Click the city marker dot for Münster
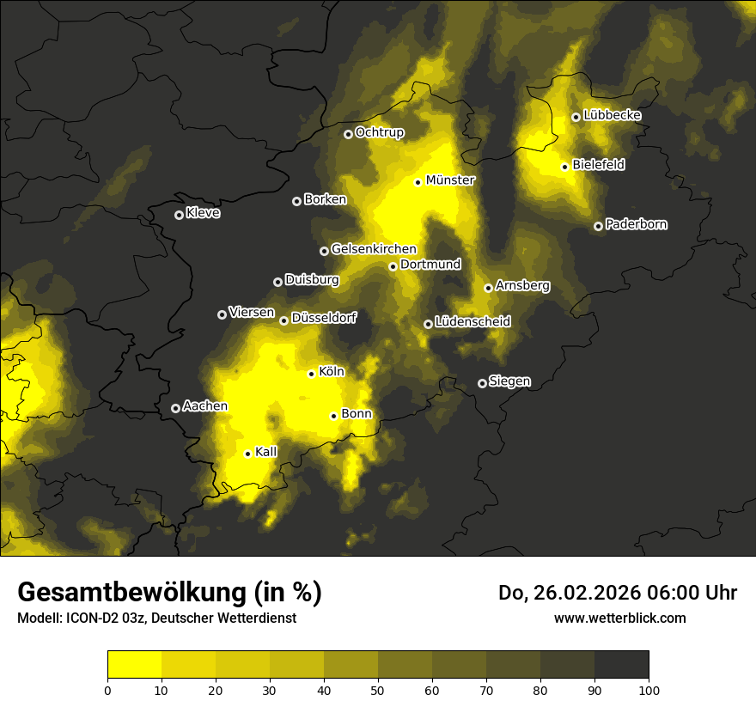(418, 182)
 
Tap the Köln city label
(332, 372)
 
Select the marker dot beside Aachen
(175, 408)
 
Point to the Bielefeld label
(598, 164)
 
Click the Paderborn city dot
(598, 226)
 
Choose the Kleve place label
(203, 213)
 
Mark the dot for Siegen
(482, 383)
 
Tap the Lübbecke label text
(612, 115)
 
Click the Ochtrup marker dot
(348, 134)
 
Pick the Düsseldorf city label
(325, 318)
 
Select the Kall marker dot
(247, 454)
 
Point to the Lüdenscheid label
(472, 322)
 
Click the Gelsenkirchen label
(374, 249)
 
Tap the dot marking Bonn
(333, 416)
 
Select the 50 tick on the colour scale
(378, 690)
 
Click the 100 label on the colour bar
(649, 690)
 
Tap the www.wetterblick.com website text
(620, 618)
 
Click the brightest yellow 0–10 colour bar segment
(134, 665)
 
